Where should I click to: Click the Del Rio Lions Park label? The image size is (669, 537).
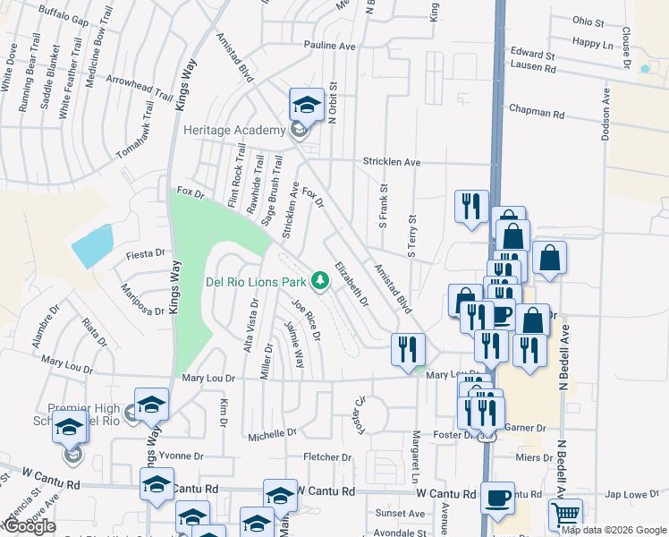pyautogui.click(x=256, y=282)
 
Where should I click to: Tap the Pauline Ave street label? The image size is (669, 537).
pyautogui.click(x=329, y=46)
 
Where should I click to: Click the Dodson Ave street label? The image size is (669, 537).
pyautogui.click(x=607, y=117)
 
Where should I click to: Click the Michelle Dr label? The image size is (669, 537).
pyautogui.click(x=272, y=433)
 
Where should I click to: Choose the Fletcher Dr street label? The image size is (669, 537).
pyautogui.click(x=326, y=457)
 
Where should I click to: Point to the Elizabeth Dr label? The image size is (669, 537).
pyautogui.click(x=351, y=285)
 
